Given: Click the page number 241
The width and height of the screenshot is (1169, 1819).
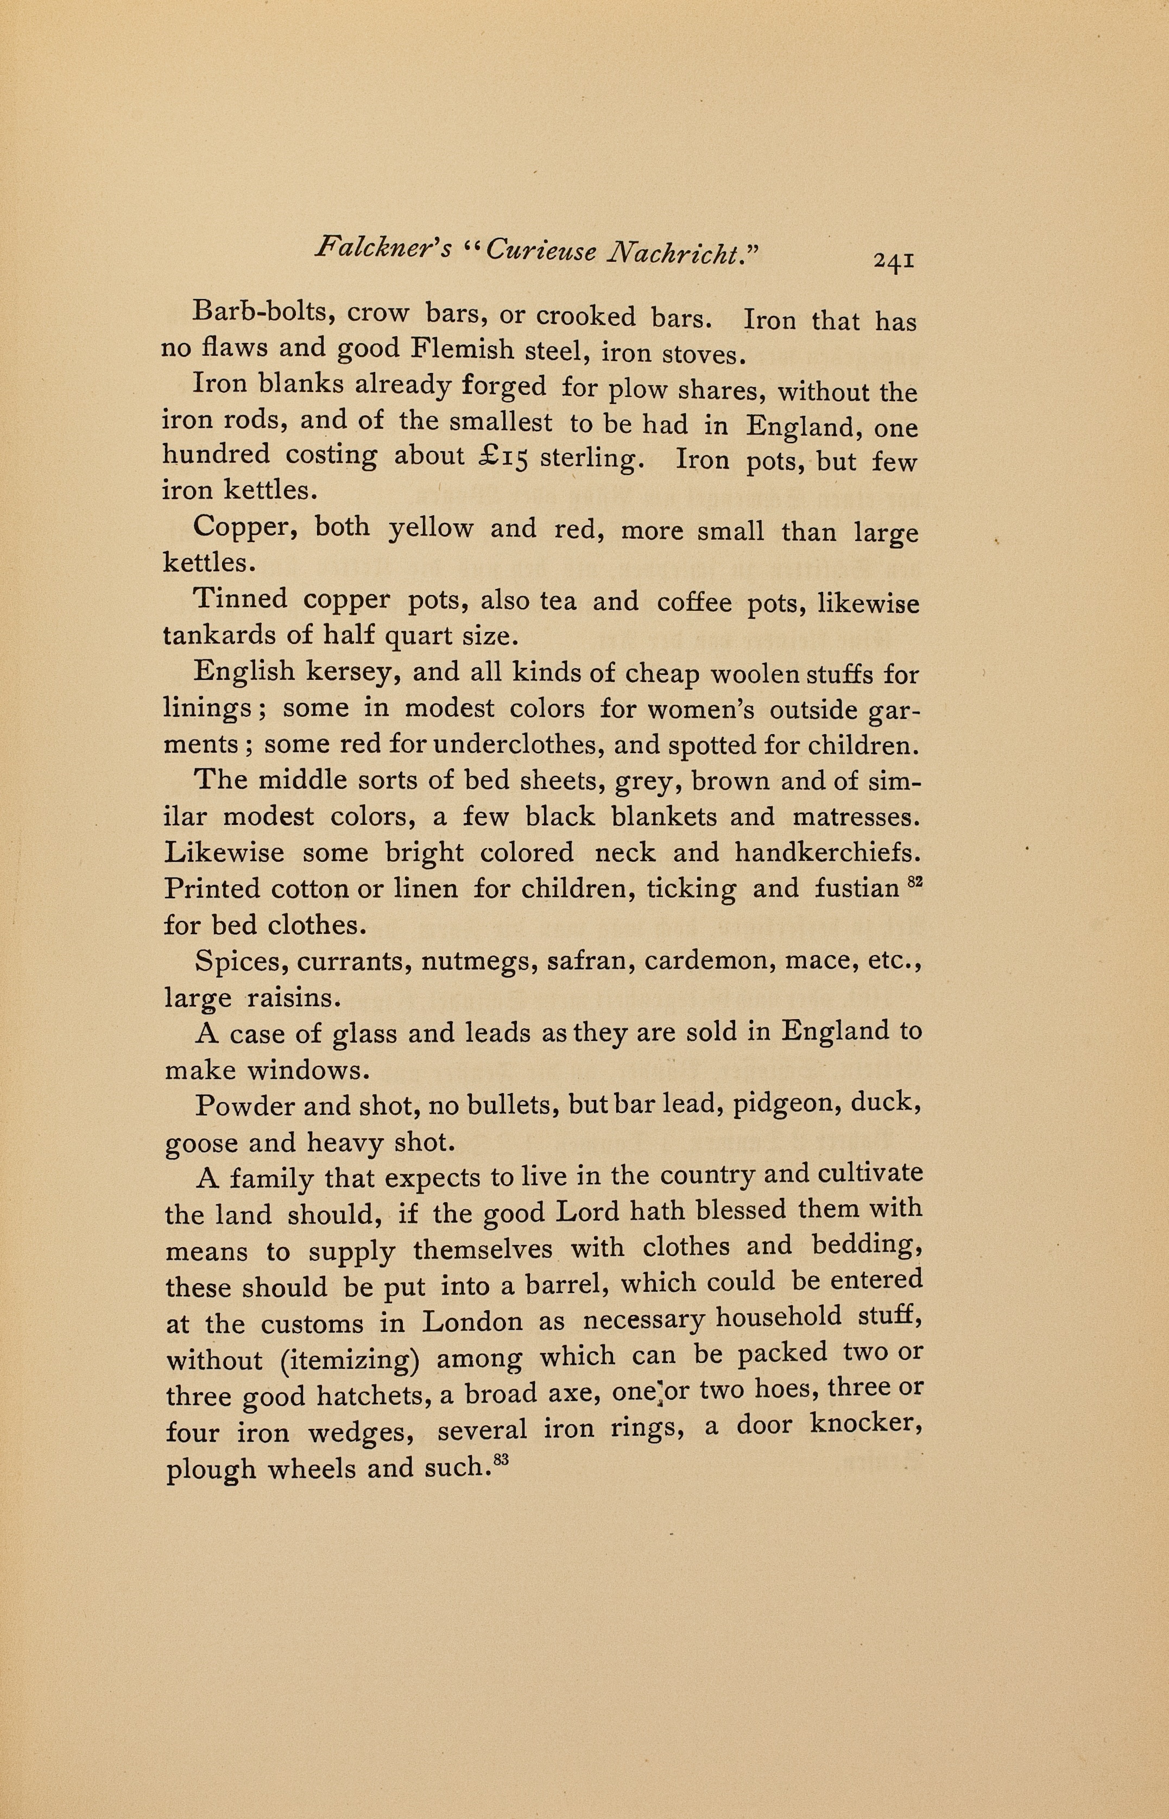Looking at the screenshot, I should [894, 261].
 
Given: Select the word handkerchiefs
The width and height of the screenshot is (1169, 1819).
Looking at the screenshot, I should [827, 854].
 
